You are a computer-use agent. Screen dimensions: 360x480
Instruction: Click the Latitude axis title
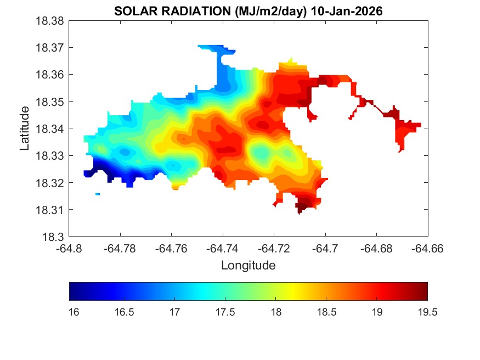pyautogui.click(x=24, y=129)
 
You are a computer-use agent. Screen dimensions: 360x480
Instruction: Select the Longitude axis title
pyautogui.click(x=248, y=266)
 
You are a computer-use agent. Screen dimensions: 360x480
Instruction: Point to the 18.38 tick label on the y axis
pyautogui.click(x=50, y=21)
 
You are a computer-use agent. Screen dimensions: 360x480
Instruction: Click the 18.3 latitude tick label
pyautogui.click(x=55, y=237)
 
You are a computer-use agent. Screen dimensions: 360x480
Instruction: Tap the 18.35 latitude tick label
pyautogui.click(x=50, y=102)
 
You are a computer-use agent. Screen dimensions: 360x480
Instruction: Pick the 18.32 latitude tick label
pyautogui.click(x=50, y=183)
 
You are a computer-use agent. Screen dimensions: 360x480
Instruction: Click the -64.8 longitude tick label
pyautogui.click(x=69, y=248)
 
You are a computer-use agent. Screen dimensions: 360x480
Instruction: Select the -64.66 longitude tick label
pyautogui.click(x=427, y=248)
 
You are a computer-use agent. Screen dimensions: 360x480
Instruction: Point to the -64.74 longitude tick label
pyautogui.click(x=223, y=248)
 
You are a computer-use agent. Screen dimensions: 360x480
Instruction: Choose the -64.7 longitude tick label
pyautogui.click(x=325, y=248)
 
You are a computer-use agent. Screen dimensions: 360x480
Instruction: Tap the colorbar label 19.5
pyautogui.click(x=427, y=312)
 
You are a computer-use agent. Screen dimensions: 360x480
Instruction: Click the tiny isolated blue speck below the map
pyautogui.click(x=98, y=194)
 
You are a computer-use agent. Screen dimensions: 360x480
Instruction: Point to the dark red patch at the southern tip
pyautogui.click(x=301, y=207)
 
